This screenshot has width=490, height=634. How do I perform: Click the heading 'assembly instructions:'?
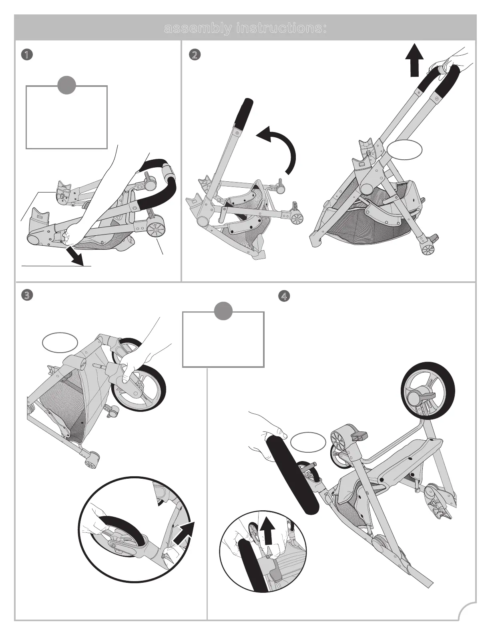coord(245,29)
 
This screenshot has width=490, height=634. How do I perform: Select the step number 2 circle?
coord(195,55)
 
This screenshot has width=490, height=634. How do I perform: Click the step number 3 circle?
coord(26,296)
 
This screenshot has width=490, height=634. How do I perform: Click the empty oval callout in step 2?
coord(405,150)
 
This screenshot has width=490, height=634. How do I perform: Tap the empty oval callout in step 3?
coord(60,343)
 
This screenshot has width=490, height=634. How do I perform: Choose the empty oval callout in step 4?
coord(308,442)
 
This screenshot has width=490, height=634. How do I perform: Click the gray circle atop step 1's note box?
coord(67,86)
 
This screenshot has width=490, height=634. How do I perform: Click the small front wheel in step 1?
coord(156,231)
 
